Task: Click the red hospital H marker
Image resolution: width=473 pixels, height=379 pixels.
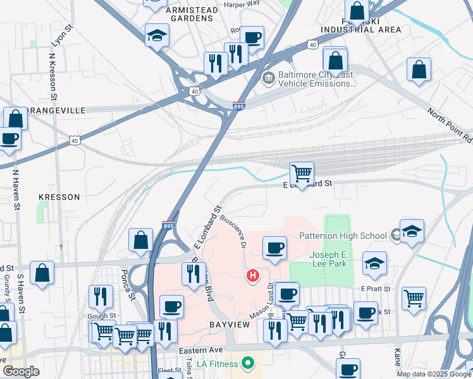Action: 253,276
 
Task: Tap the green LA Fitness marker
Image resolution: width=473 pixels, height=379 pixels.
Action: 248,363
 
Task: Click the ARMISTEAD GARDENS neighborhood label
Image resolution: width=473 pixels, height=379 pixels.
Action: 191,14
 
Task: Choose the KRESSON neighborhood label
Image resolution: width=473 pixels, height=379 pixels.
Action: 59,197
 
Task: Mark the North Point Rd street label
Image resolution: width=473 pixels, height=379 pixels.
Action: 450,125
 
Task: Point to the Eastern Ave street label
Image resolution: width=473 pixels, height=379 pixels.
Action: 201,350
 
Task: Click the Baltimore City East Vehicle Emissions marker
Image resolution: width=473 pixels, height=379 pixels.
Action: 268,78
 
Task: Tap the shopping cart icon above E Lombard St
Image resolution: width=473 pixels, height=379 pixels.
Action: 302,172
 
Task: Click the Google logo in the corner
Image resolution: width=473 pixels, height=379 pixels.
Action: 21,371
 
